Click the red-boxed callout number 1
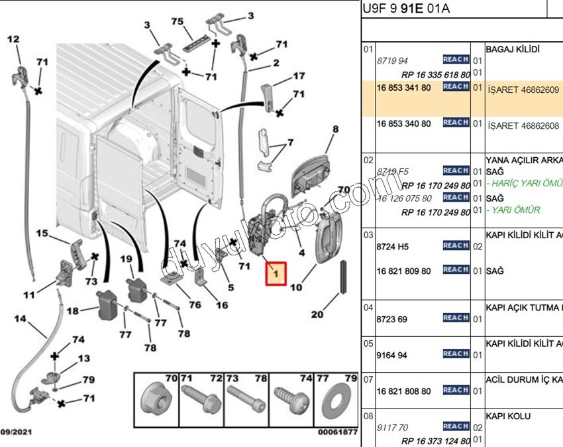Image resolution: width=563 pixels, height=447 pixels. (276, 272)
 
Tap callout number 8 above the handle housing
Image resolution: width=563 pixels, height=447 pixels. (335, 129)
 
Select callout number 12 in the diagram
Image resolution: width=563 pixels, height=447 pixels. (13, 40)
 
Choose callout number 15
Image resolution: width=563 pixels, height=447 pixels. (42, 233)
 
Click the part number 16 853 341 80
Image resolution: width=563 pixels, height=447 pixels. (403, 88)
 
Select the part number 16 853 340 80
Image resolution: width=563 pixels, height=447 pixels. (403, 124)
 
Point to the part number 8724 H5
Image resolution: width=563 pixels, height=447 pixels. (393, 247)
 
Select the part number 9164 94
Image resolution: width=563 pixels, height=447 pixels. (392, 355)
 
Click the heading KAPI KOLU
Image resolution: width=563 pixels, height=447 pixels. (508, 416)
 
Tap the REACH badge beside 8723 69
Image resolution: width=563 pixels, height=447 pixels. (456, 318)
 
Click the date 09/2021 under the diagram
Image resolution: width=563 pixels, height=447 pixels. (18, 432)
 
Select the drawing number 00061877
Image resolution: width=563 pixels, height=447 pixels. (337, 432)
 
